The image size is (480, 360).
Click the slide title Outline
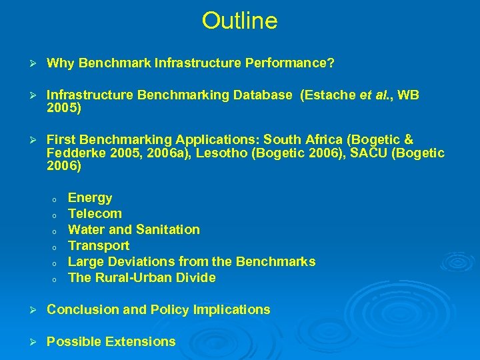coord(239,21)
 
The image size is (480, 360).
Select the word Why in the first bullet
coord(60,63)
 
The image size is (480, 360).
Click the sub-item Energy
coord(90,198)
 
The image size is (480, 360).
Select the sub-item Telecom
coord(95,214)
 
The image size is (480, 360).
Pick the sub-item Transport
coord(99,246)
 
